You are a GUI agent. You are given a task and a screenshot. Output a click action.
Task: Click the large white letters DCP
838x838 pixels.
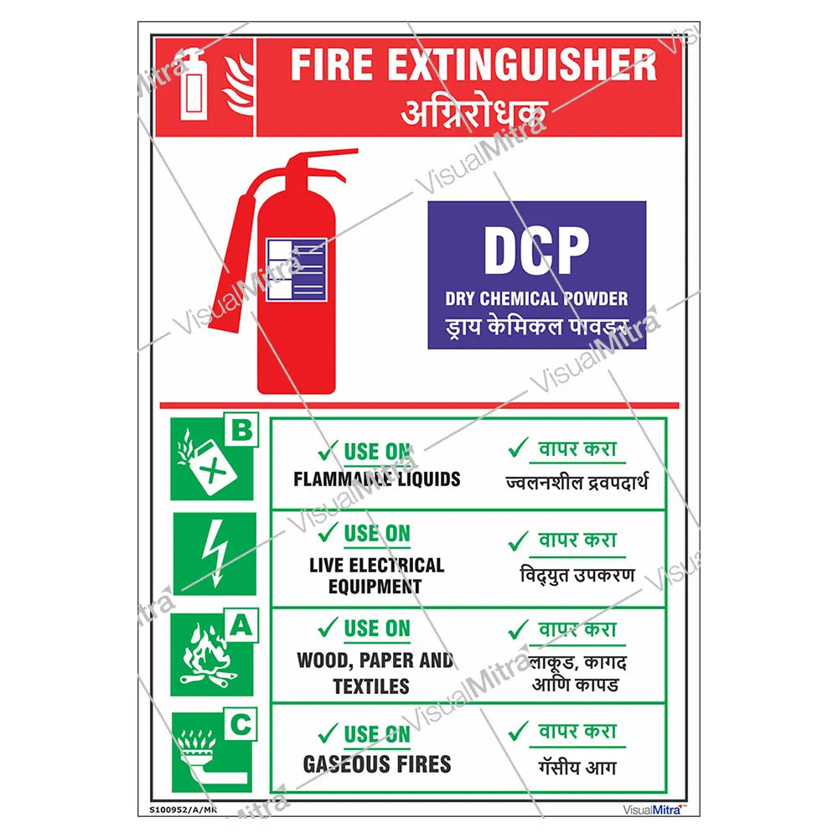536,251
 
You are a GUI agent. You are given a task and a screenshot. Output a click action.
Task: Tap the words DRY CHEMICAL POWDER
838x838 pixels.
536,298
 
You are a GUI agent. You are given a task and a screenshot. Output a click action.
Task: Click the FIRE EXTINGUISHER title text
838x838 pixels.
473,65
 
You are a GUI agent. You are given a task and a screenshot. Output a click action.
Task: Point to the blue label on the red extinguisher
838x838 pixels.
296,270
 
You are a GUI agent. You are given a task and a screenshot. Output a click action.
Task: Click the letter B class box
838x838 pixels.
241,432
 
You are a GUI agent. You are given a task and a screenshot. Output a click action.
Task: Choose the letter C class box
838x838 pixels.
241,725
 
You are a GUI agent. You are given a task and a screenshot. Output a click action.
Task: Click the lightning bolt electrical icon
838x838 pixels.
214,553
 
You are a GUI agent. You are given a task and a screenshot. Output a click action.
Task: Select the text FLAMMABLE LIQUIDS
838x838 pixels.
376,479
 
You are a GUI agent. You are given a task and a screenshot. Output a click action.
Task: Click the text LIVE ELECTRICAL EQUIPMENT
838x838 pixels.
376,575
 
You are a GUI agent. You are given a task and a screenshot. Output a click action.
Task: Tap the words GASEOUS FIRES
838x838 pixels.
376,763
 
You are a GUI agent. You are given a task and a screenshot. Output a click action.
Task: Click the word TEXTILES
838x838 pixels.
370,686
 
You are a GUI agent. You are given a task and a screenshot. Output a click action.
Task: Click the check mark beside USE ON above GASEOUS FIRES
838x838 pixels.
328,733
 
